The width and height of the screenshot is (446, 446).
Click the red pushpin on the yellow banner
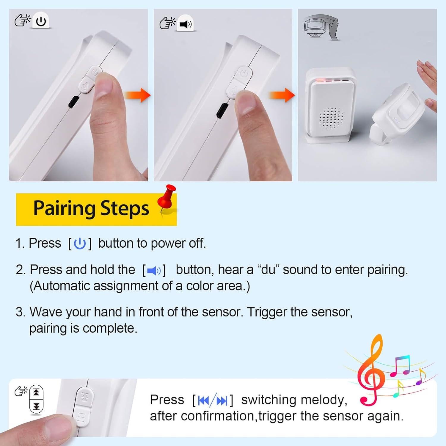(x=167, y=198)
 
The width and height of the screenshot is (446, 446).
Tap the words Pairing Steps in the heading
(x=91, y=208)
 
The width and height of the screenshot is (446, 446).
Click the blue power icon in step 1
(x=80, y=244)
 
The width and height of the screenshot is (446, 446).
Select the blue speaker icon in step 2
(x=154, y=271)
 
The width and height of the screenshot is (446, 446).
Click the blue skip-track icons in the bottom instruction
(x=212, y=401)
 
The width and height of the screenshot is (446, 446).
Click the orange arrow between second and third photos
(x=282, y=95)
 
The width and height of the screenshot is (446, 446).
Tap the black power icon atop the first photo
(x=41, y=21)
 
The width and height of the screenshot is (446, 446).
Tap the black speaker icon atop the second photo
(x=186, y=24)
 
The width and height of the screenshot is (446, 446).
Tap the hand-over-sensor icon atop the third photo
(x=321, y=27)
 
